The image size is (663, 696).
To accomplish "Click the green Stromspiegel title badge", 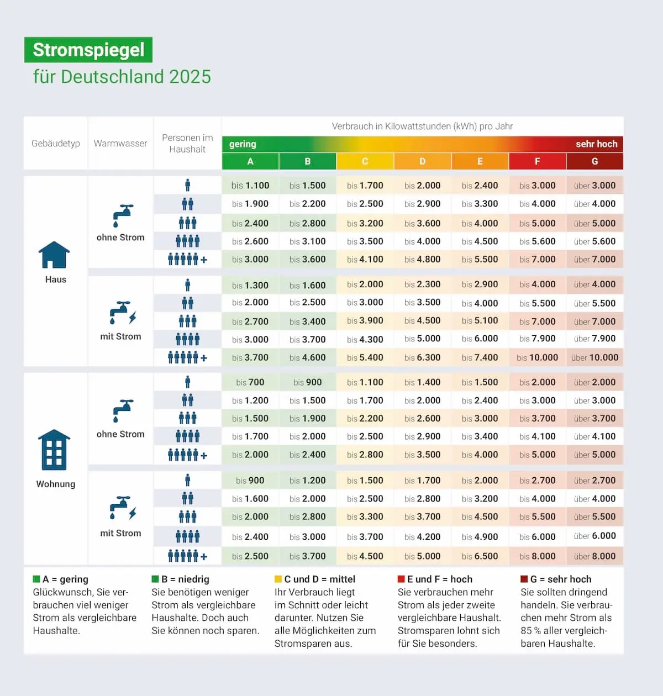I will pyautogui.click(x=88, y=50).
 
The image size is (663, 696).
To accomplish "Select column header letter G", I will pyautogui.click(x=594, y=161).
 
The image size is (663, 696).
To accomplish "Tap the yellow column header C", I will pyautogui.click(x=365, y=161).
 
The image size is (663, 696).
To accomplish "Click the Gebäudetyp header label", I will pyautogui.click(x=55, y=144).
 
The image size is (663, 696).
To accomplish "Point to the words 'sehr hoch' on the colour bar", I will pyautogui.click(x=596, y=144).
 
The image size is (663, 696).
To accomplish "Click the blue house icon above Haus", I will pyautogui.click(x=54, y=255).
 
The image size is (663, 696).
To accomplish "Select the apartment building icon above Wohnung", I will pyautogui.click(x=54, y=450).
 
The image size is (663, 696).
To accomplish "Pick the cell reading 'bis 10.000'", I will pyautogui.click(x=537, y=358).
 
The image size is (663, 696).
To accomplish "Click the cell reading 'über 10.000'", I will pyautogui.click(x=594, y=358).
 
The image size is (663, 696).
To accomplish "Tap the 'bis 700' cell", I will pyautogui.click(x=250, y=382).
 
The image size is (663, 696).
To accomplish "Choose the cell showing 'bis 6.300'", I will pyautogui.click(x=422, y=358).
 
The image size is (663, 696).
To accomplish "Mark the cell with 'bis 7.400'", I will pyautogui.click(x=480, y=358).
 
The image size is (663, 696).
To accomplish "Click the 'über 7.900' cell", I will pyautogui.click(x=594, y=339).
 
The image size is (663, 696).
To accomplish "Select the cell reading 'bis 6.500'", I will pyautogui.click(x=480, y=556).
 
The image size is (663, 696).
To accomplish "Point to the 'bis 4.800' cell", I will pyautogui.click(x=422, y=260).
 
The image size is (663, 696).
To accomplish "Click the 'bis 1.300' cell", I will pyautogui.click(x=250, y=286).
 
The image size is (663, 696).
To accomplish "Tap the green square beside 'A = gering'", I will pyautogui.click(x=36, y=579).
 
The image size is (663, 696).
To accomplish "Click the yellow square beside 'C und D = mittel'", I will pyautogui.click(x=278, y=579).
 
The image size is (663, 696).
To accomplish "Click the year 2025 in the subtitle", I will pyautogui.click(x=190, y=77).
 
